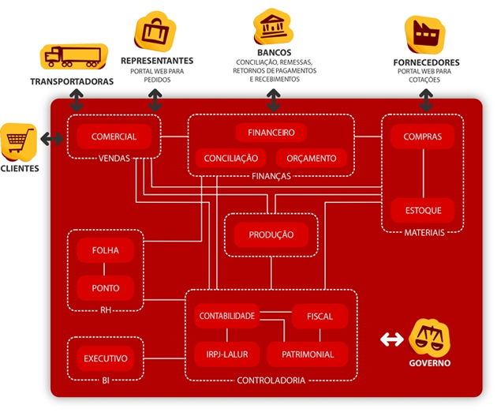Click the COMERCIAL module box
tap(114, 137)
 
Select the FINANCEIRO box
tap(271, 133)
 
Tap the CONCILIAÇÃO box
tap(230, 158)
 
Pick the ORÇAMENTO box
tap(312, 158)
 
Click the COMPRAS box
tap(423, 137)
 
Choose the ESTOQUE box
tap(423, 210)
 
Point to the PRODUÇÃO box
tap(271, 234)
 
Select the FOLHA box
tap(106, 250)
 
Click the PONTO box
tap(106, 288)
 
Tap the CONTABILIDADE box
tap(227, 316)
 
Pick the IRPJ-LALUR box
tap(227, 354)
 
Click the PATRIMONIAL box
tap(308, 354)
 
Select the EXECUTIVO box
tap(106, 358)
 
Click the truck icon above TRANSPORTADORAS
tap(73, 57)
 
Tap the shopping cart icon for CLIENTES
tap(19, 142)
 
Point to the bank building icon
tap(273, 27)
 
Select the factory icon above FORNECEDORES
tap(424, 35)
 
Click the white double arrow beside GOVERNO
tap(392, 339)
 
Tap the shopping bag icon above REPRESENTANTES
tap(155, 32)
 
